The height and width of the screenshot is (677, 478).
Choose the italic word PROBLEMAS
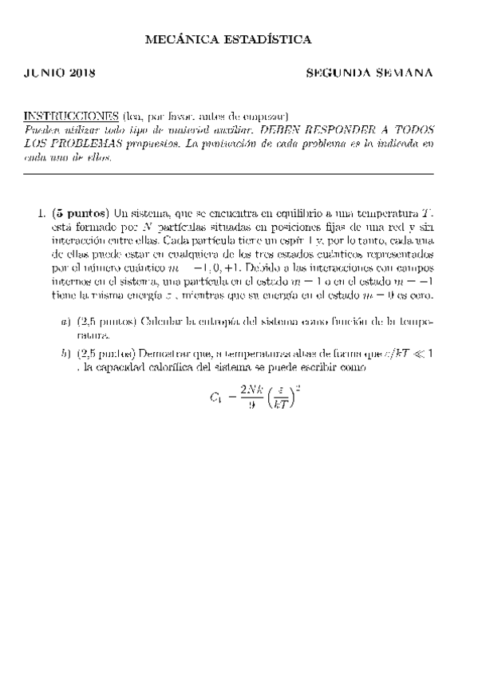(x=78, y=144)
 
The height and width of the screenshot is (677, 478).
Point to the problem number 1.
(x=41, y=214)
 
